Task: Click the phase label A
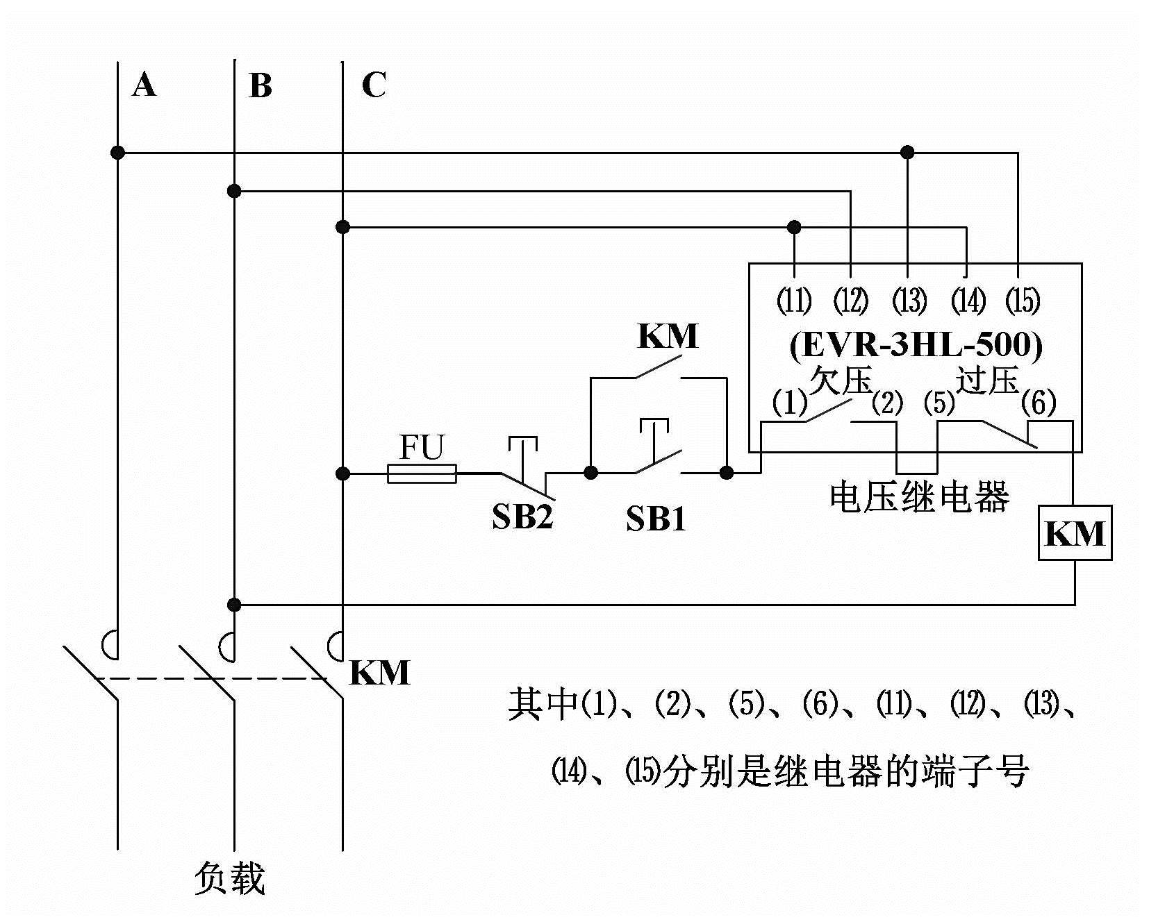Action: pos(144,85)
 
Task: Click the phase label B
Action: pos(260,86)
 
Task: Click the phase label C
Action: pos(374,85)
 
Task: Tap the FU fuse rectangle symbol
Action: pos(421,473)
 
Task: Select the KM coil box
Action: pos(1075,533)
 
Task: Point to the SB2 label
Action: pos(522,517)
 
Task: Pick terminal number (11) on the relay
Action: pos(793,301)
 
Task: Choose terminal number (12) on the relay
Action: pos(851,301)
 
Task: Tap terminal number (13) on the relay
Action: pos(909,301)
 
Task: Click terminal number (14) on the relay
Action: pos(968,301)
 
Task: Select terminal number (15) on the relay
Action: pos(1023,301)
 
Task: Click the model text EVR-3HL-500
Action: pos(916,346)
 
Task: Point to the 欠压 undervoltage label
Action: pos(841,380)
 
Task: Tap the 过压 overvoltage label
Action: pos(986,380)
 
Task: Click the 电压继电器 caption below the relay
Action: pos(919,497)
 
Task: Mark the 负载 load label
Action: pos(230,878)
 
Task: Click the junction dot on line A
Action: pos(118,152)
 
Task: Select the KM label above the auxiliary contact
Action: pos(667,336)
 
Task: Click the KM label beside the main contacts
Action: pos(379,673)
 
